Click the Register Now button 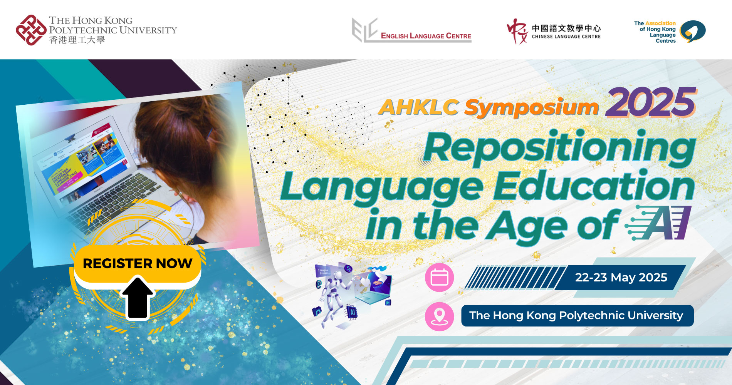point(137,263)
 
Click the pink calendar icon point(439,277)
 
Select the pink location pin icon point(439,316)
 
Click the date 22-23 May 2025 point(621,278)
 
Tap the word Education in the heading point(593,187)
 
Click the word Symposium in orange point(532,108)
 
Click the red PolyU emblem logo point(31,30)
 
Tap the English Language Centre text point(426,36)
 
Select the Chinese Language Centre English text point(566,37)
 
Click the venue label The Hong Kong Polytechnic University point(577,316)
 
